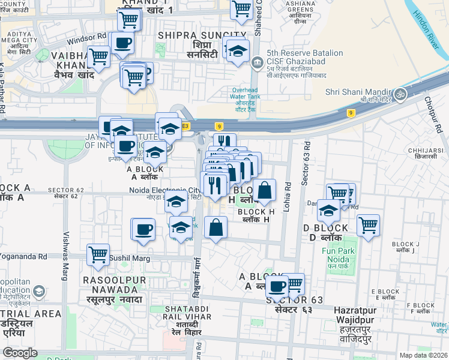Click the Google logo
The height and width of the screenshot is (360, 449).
(20, 353)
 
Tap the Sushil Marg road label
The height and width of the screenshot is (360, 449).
(127, 259)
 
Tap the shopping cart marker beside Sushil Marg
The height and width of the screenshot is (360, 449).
(97, 254)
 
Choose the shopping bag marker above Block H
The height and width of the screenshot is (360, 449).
(264, 190)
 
